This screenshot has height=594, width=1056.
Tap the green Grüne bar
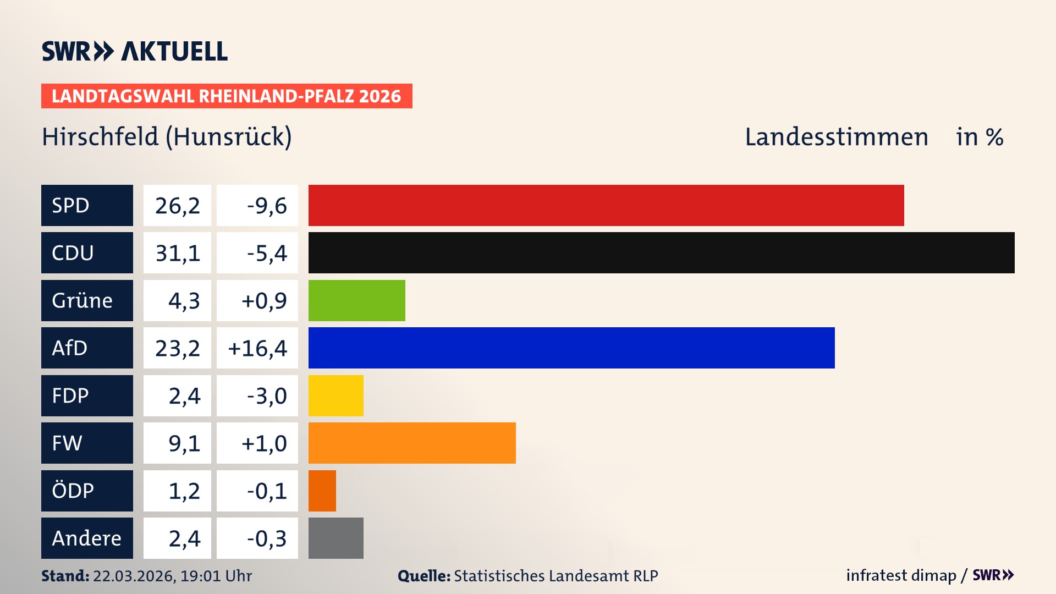click(x=356, y=300)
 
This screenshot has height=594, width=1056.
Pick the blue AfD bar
click(x=571, y=348)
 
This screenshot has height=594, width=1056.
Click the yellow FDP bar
click(x=335, y=395)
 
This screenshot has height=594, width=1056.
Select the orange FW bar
click(x=412, y=443)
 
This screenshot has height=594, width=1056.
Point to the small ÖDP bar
click(x=322, y=491)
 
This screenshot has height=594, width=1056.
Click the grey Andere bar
click(x=335, y=538)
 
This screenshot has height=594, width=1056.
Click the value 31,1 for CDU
click(x=177, y=253)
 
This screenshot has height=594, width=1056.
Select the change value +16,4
click(x=257, y=348)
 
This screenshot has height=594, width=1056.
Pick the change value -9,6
click(x=266, y=205)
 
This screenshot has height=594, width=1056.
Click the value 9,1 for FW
click(x=184, y=443)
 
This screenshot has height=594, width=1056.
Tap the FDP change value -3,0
click(x=266, y=395)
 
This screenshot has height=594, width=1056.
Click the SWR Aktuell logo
click(x=134, y=51)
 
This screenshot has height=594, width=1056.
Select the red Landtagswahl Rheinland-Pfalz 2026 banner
click(x=227, y=96)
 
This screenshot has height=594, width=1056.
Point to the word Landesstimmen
click(x=836, y=137)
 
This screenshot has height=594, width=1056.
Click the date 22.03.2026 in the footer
click(x=134, y=576)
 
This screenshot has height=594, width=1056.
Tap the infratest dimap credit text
click(x=901, y=575)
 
